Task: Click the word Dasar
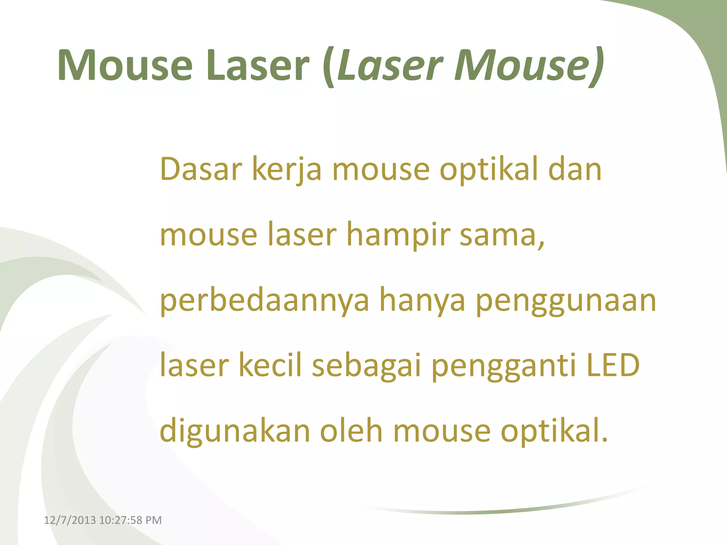[x=201, y=169]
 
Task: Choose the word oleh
[x=351, y=431]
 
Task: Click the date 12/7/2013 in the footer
[x=70, y=520]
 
